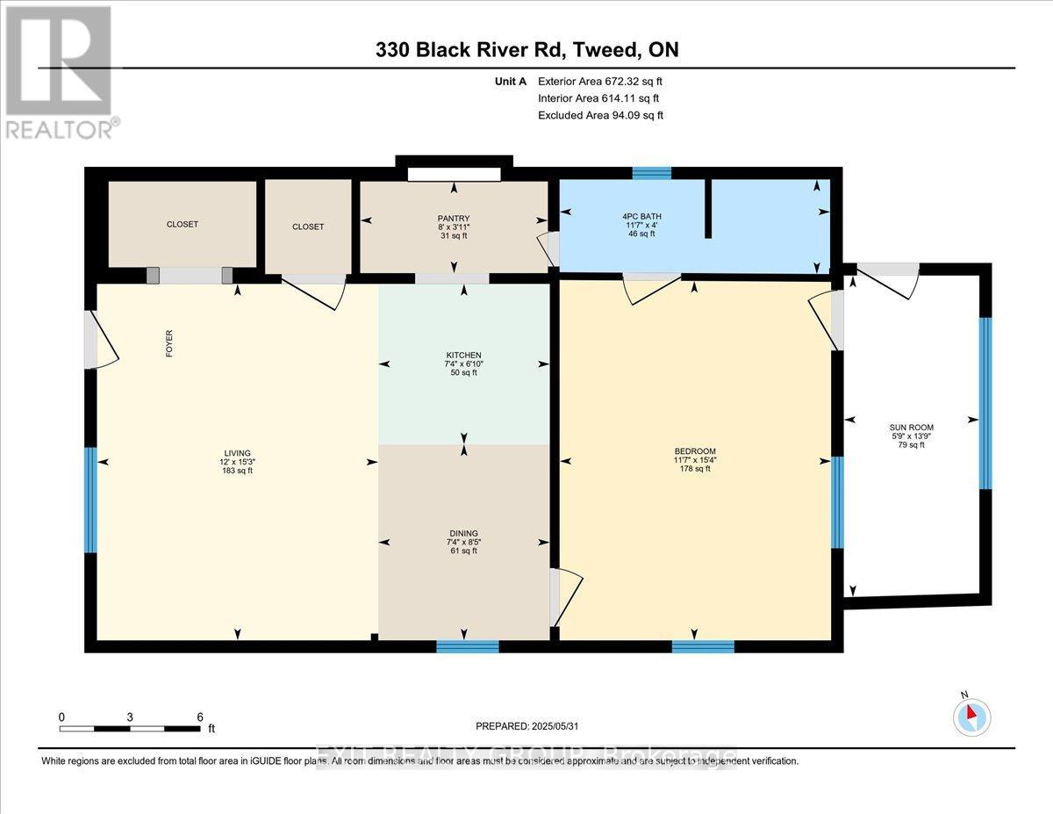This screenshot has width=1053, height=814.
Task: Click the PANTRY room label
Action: point(455,219)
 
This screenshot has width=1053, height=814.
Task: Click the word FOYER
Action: point(168,344)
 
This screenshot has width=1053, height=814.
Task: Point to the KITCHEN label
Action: point(462,355)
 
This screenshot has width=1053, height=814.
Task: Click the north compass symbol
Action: point(971,716)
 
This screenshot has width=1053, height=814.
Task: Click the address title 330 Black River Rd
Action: point(526,50)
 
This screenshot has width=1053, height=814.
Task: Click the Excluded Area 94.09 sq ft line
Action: point(600,115)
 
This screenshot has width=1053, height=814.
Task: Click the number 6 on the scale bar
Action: point(200,717)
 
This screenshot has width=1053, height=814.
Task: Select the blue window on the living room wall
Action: point(90,500)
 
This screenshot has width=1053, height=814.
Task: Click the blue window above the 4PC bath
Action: point(651,173)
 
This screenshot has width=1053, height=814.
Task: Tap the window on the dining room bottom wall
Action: point(468,647)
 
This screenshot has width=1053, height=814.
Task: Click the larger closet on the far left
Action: point(183,224)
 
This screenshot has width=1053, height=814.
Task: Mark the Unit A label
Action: point(510,82)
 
